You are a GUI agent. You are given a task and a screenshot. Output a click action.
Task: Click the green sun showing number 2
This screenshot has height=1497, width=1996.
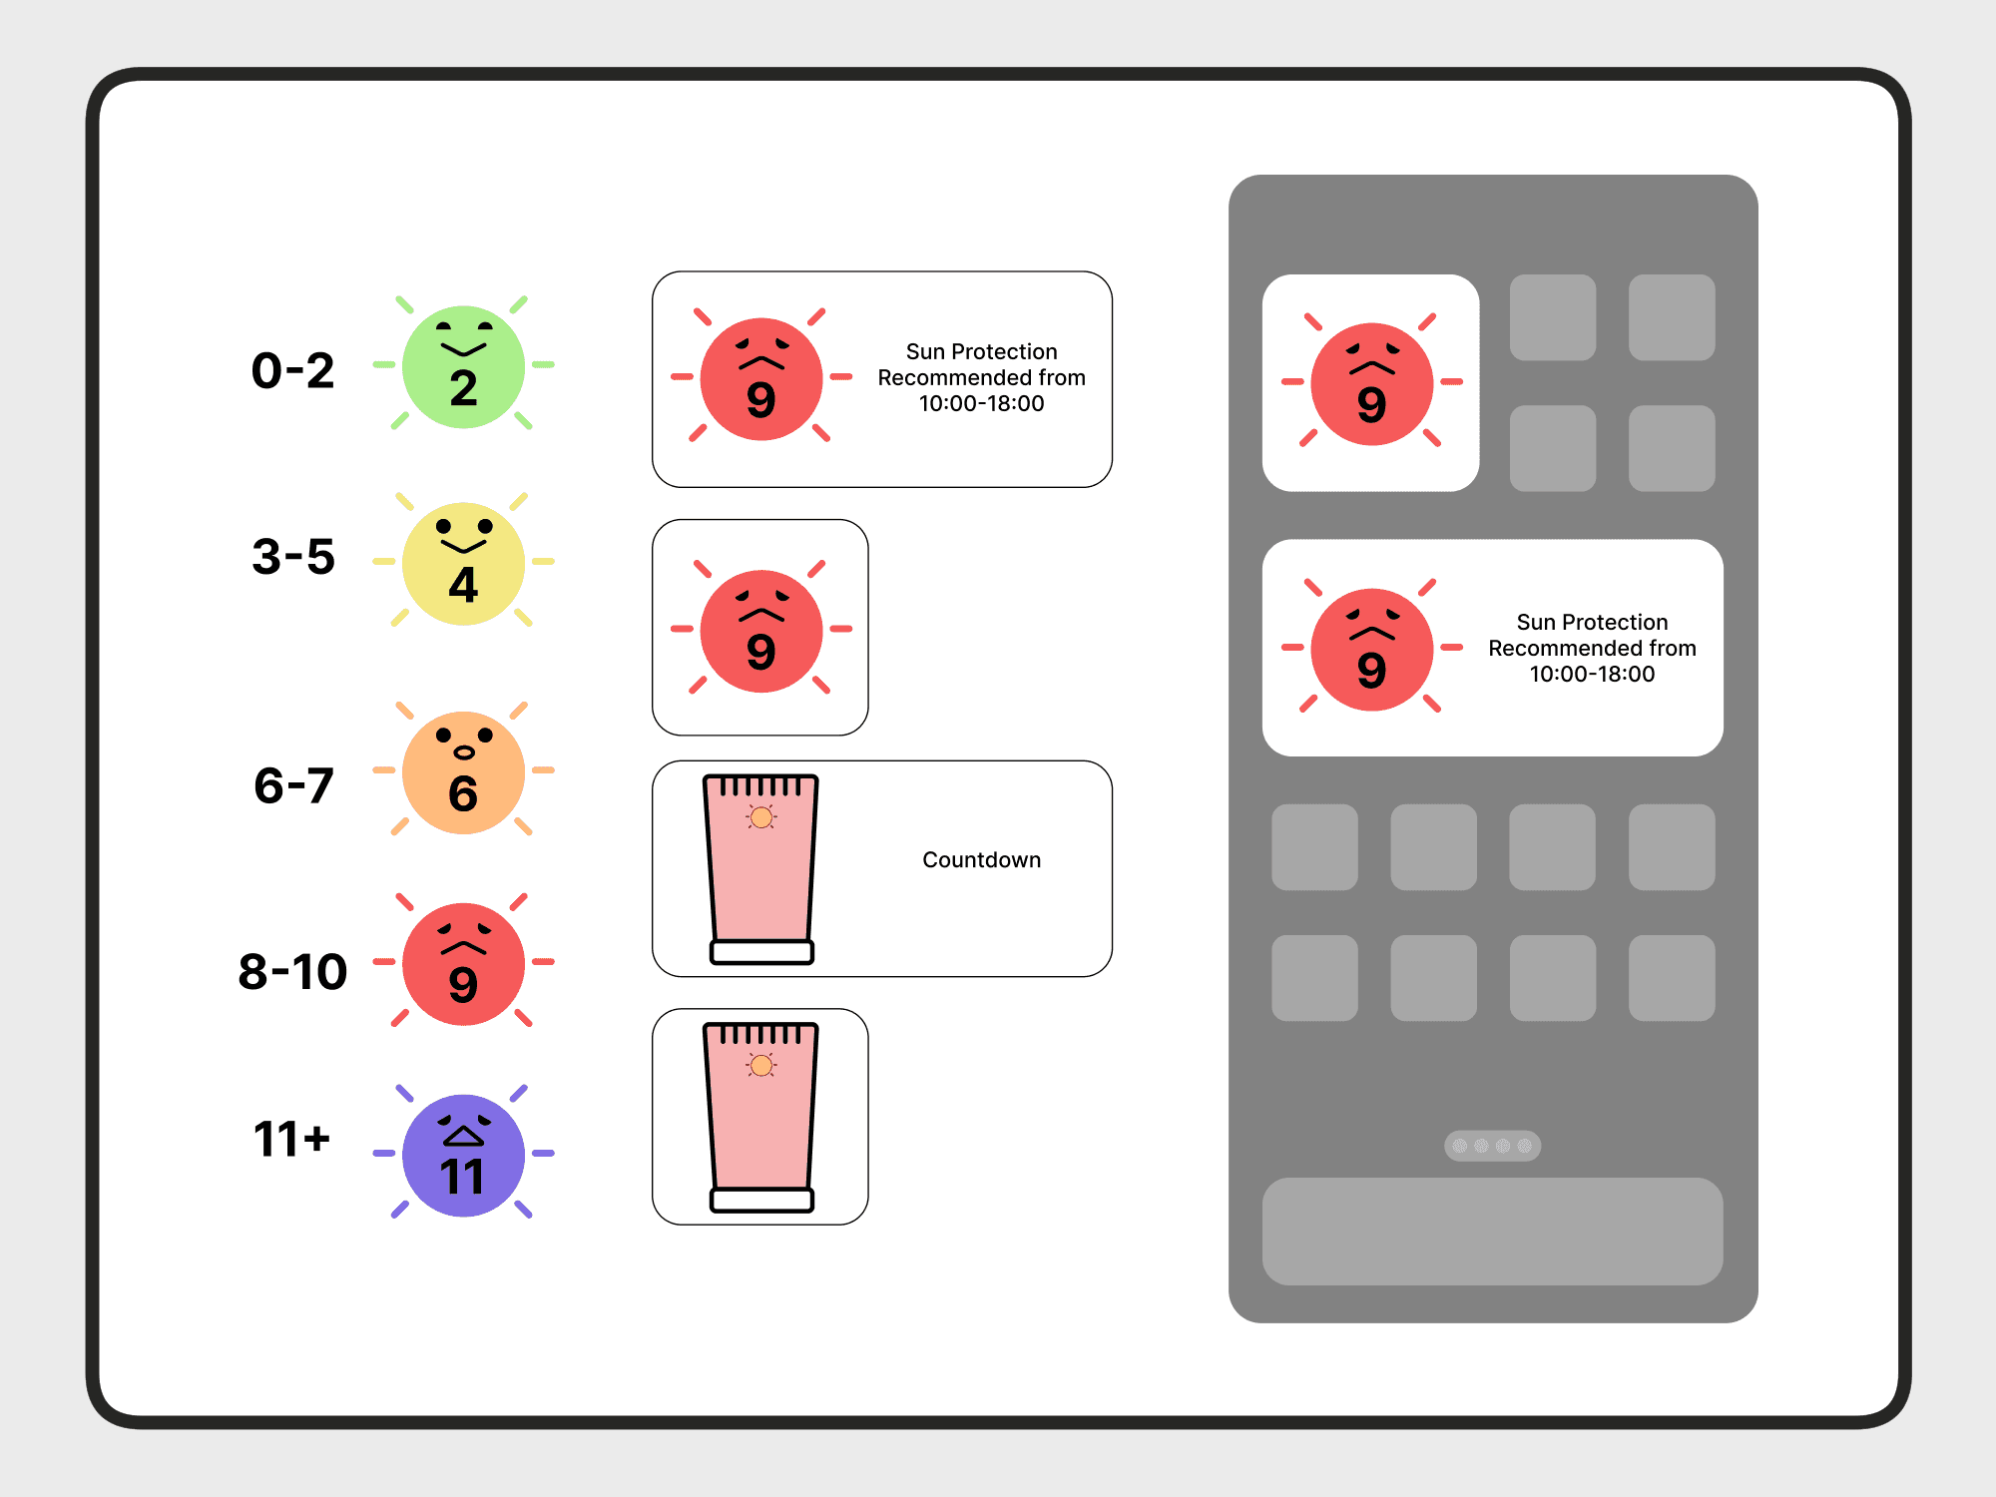(x=463, y=366)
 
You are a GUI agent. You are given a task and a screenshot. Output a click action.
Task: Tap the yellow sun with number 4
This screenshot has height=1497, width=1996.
(x=463, y=563)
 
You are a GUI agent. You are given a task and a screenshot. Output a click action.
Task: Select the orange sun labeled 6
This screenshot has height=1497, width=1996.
(x=463, y=772)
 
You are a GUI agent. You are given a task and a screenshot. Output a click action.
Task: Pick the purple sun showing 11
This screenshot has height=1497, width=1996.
(x=463, y=1155)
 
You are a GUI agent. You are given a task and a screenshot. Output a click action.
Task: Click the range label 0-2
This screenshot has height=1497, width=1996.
(x=292, y=371)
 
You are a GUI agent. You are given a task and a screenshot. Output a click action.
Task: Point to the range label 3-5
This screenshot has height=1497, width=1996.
(x=292, y=557)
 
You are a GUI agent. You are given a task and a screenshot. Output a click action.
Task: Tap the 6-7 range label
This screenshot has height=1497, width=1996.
(x=292, y=785)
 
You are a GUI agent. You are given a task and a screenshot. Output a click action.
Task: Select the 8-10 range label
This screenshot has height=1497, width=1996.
(x=292, y=972)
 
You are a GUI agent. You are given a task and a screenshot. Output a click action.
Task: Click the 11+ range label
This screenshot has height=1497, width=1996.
(x=291, y=1139)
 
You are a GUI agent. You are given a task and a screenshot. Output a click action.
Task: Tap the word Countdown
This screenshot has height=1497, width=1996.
(x=981, y=860)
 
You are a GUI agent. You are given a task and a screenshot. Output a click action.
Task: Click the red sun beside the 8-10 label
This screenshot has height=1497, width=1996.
(x=463, y=964)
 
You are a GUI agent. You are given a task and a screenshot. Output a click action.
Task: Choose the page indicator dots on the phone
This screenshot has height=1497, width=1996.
(x=1492, y=1146)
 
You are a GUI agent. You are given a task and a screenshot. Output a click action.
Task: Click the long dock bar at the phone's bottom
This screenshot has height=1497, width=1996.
(x=1492, y=1231)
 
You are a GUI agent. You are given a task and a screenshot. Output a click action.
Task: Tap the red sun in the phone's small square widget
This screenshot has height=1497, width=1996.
(x=1371, y=384)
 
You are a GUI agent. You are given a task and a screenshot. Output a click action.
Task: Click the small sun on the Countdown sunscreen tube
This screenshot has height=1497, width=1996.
(x=761, y=818)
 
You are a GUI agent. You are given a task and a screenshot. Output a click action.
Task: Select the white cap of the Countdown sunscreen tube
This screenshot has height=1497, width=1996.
(x=761, y=952)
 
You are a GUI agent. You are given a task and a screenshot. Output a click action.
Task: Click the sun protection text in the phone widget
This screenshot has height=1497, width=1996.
(x=1592, y=648)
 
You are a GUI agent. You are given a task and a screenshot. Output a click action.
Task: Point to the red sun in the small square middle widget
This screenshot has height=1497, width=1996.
(x=760, y=631)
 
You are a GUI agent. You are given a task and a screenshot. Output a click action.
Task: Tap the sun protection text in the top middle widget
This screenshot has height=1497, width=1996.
(x=981, y=377)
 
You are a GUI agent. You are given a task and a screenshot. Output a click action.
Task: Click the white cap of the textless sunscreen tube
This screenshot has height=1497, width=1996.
(x=761, y=1200)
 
